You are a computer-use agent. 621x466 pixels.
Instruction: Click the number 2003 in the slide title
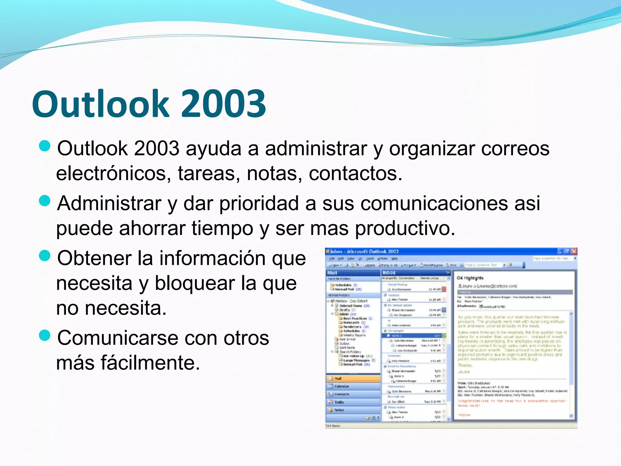[224, 104]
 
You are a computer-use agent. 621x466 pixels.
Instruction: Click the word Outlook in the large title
[100, 104]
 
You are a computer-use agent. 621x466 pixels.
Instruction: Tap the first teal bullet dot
[45, 146]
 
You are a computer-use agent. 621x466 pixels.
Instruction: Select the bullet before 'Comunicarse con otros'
[45, 336]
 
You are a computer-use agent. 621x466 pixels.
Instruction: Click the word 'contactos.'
[355, 174]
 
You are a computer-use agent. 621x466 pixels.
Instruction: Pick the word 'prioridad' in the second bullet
[259, 203]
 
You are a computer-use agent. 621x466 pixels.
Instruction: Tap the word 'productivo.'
[405, 228]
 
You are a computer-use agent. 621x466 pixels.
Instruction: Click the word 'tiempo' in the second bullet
[222, 228]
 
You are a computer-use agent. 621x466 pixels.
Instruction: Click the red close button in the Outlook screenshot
[574, 252]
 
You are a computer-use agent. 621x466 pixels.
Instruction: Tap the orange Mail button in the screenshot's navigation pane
[353, 378]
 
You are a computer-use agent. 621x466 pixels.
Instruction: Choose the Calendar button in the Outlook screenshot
[353, 386]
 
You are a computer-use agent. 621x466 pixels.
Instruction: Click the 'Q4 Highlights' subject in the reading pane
[470, 278]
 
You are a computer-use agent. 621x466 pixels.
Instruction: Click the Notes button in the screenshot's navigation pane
[353, 410]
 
